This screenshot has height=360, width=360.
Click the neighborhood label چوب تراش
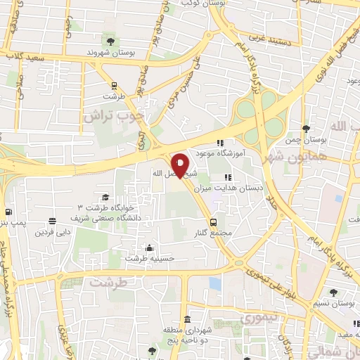pos(114,115)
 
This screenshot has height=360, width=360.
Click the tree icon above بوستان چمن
pos(306,129)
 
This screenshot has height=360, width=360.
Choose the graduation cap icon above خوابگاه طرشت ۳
pos(105,197)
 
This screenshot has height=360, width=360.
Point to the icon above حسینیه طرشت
pos(149,247)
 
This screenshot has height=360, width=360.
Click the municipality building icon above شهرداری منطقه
pos(207,321)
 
